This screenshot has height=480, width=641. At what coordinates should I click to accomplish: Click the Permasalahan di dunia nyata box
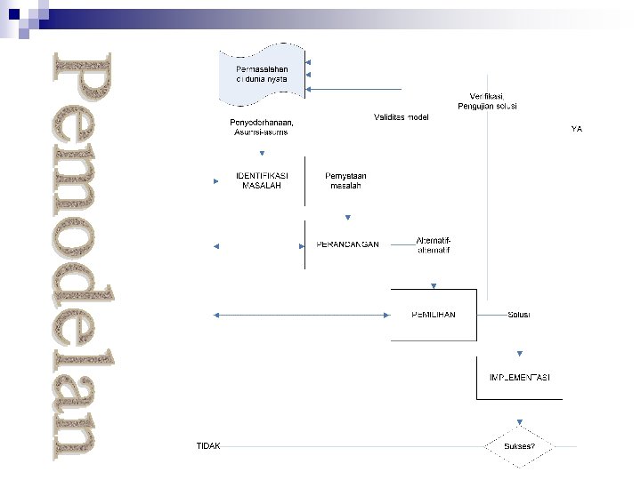tap(260, 75)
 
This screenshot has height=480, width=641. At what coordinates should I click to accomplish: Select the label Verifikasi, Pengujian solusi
tap(487, 100)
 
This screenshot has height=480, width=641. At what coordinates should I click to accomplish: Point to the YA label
tap(576, 129)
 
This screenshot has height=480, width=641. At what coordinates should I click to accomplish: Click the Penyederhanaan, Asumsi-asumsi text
tap(262, 126)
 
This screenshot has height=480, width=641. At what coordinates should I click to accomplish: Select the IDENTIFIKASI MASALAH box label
tap(262, 180)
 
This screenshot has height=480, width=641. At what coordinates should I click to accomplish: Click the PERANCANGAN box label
tap(347, 244)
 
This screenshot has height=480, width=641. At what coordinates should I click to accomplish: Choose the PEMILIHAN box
tap(434, 315)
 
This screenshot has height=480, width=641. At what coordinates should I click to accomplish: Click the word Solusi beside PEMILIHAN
tap(519, 315)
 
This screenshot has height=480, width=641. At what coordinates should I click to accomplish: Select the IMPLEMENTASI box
tap(520, 378)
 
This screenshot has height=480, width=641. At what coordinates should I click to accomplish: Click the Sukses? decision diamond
tap(520, 445)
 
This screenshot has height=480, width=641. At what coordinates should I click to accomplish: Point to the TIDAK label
tap(208, 445)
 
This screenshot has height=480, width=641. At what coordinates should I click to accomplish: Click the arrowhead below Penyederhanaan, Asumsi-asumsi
tap(262, 151)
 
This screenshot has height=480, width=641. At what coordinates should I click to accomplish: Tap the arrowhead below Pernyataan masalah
tap(347, 217)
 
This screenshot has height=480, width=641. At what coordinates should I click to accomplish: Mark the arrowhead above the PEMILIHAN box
tap(434, 286)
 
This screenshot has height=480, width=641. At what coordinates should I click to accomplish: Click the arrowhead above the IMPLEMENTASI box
tap(520, 353)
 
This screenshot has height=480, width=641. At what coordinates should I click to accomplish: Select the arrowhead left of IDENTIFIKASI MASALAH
tap(216, 181)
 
